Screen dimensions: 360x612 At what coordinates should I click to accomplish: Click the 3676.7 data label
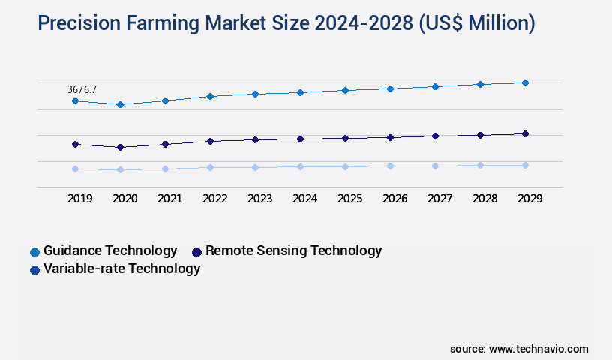[x=82, y=89]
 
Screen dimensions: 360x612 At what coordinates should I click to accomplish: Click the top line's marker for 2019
[x=75, y=100]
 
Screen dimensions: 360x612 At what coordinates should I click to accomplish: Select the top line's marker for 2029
[x=525, y=82]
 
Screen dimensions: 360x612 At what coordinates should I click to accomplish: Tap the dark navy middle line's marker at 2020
[x=120, y=147]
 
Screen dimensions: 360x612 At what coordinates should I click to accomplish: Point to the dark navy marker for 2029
[x=525, y=133]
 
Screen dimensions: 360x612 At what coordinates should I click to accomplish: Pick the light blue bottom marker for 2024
[x=300, y=166]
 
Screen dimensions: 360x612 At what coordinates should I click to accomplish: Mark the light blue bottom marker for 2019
[x=75, y=169]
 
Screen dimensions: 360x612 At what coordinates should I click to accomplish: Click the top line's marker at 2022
[x=210, y=96]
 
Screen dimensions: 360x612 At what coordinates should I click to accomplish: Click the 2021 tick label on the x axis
[x=169, y=199]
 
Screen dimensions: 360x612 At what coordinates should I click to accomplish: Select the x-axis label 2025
[x=349, y=199]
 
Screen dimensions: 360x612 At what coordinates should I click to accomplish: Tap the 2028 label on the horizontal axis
[x=484, y=199]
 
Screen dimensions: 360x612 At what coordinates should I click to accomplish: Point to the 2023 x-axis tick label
[x=259, y=199]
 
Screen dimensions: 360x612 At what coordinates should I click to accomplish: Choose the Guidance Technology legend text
[x=110, y=250]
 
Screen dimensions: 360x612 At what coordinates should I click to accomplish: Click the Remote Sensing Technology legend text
[x=293, y=250]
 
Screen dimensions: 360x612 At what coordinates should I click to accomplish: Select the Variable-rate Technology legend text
[x=121, y=268]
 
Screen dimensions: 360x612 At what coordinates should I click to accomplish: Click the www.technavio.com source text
[x=538, y=349]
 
